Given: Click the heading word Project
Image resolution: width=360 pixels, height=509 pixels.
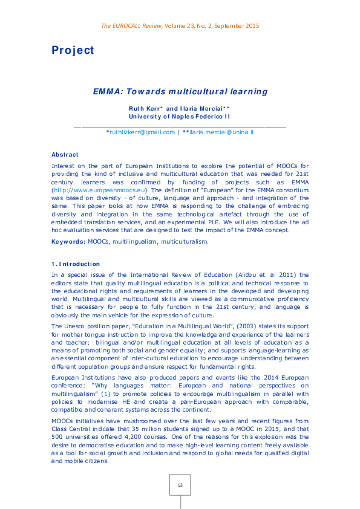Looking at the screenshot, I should point(73,51).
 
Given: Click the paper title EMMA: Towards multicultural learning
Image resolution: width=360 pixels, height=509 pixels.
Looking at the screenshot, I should point(180,92).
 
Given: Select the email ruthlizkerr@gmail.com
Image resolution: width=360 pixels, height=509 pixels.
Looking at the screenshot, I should point(141,132).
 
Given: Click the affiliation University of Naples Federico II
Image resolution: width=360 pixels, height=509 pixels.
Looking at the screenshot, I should point(179,115).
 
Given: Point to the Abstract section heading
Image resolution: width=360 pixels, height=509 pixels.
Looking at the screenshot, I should point(65,155).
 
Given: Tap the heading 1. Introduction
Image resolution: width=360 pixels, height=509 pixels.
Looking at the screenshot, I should point(76,264).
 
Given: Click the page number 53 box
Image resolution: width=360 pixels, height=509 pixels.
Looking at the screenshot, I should point(180,485).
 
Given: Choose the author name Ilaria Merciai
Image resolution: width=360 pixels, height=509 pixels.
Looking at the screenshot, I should point(203,108).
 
